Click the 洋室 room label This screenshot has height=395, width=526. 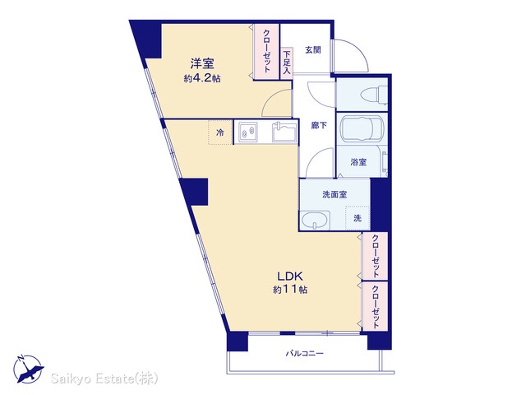[x=202, y=63]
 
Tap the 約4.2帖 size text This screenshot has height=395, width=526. [x=202, y=79]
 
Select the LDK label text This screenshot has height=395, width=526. [x=290, y=276]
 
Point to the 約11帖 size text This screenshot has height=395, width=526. [x=290, y=290]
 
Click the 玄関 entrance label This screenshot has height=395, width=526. [x=313, y=50]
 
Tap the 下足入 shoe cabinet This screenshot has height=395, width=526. [x=287, y=63]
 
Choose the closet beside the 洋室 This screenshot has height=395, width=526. [x=266, y=52]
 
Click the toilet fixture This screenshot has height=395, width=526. [x=375, y=95]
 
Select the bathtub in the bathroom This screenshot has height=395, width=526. [x=362, y=128]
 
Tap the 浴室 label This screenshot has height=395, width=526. [x=358, y=162]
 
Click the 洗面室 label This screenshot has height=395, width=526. [x=335, y=194]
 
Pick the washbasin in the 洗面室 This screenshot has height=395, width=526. [x=315, y=221]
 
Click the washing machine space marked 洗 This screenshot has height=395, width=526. [x=358, y=218]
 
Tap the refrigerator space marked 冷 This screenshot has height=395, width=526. [x=220, y=132]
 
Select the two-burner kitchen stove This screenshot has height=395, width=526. [x=248, y=132]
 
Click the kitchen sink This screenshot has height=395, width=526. [x=284, y=132]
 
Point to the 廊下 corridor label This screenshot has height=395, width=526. [x=319, y=126]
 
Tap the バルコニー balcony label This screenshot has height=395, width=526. [x=305, y=353]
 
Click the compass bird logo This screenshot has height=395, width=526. [x=28, y=369]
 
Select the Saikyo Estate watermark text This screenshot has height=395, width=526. [x=104, y=379]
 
